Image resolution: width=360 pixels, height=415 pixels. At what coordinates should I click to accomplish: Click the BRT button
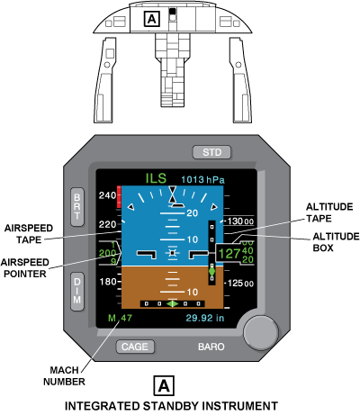(77, 207)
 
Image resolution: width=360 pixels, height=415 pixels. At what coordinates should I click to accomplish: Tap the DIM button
(77, 292)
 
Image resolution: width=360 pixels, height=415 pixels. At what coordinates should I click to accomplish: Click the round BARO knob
(260, 332)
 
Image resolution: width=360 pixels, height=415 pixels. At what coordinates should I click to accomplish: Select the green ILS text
(156, 178)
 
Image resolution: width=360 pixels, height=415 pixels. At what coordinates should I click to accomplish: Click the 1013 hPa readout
(202, 180)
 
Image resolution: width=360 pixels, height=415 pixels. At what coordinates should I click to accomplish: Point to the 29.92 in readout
(205, 318)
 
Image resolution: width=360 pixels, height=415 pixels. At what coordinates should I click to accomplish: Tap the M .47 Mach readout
(120, 318)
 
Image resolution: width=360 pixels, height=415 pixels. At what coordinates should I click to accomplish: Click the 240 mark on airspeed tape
(107, 195)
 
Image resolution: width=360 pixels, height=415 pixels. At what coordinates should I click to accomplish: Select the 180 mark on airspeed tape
(107, 282)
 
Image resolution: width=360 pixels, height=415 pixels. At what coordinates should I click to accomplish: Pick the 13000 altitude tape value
(240, 221)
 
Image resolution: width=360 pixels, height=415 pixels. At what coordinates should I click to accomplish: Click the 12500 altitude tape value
(240, 283)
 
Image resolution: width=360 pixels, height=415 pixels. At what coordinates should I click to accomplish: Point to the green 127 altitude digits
(229, 254)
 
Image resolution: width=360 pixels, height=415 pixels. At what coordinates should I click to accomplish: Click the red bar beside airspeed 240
(119, 197)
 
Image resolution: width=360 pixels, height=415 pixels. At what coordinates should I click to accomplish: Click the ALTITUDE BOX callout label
(336, 242)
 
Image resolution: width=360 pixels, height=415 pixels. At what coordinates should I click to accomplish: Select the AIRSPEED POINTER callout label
(25, 268)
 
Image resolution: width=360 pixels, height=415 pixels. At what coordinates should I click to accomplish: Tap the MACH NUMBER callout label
(64, 375)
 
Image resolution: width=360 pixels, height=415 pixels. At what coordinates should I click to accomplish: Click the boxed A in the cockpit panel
(152, 19)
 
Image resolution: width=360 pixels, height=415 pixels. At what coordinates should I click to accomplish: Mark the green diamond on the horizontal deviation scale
(173, 304)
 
